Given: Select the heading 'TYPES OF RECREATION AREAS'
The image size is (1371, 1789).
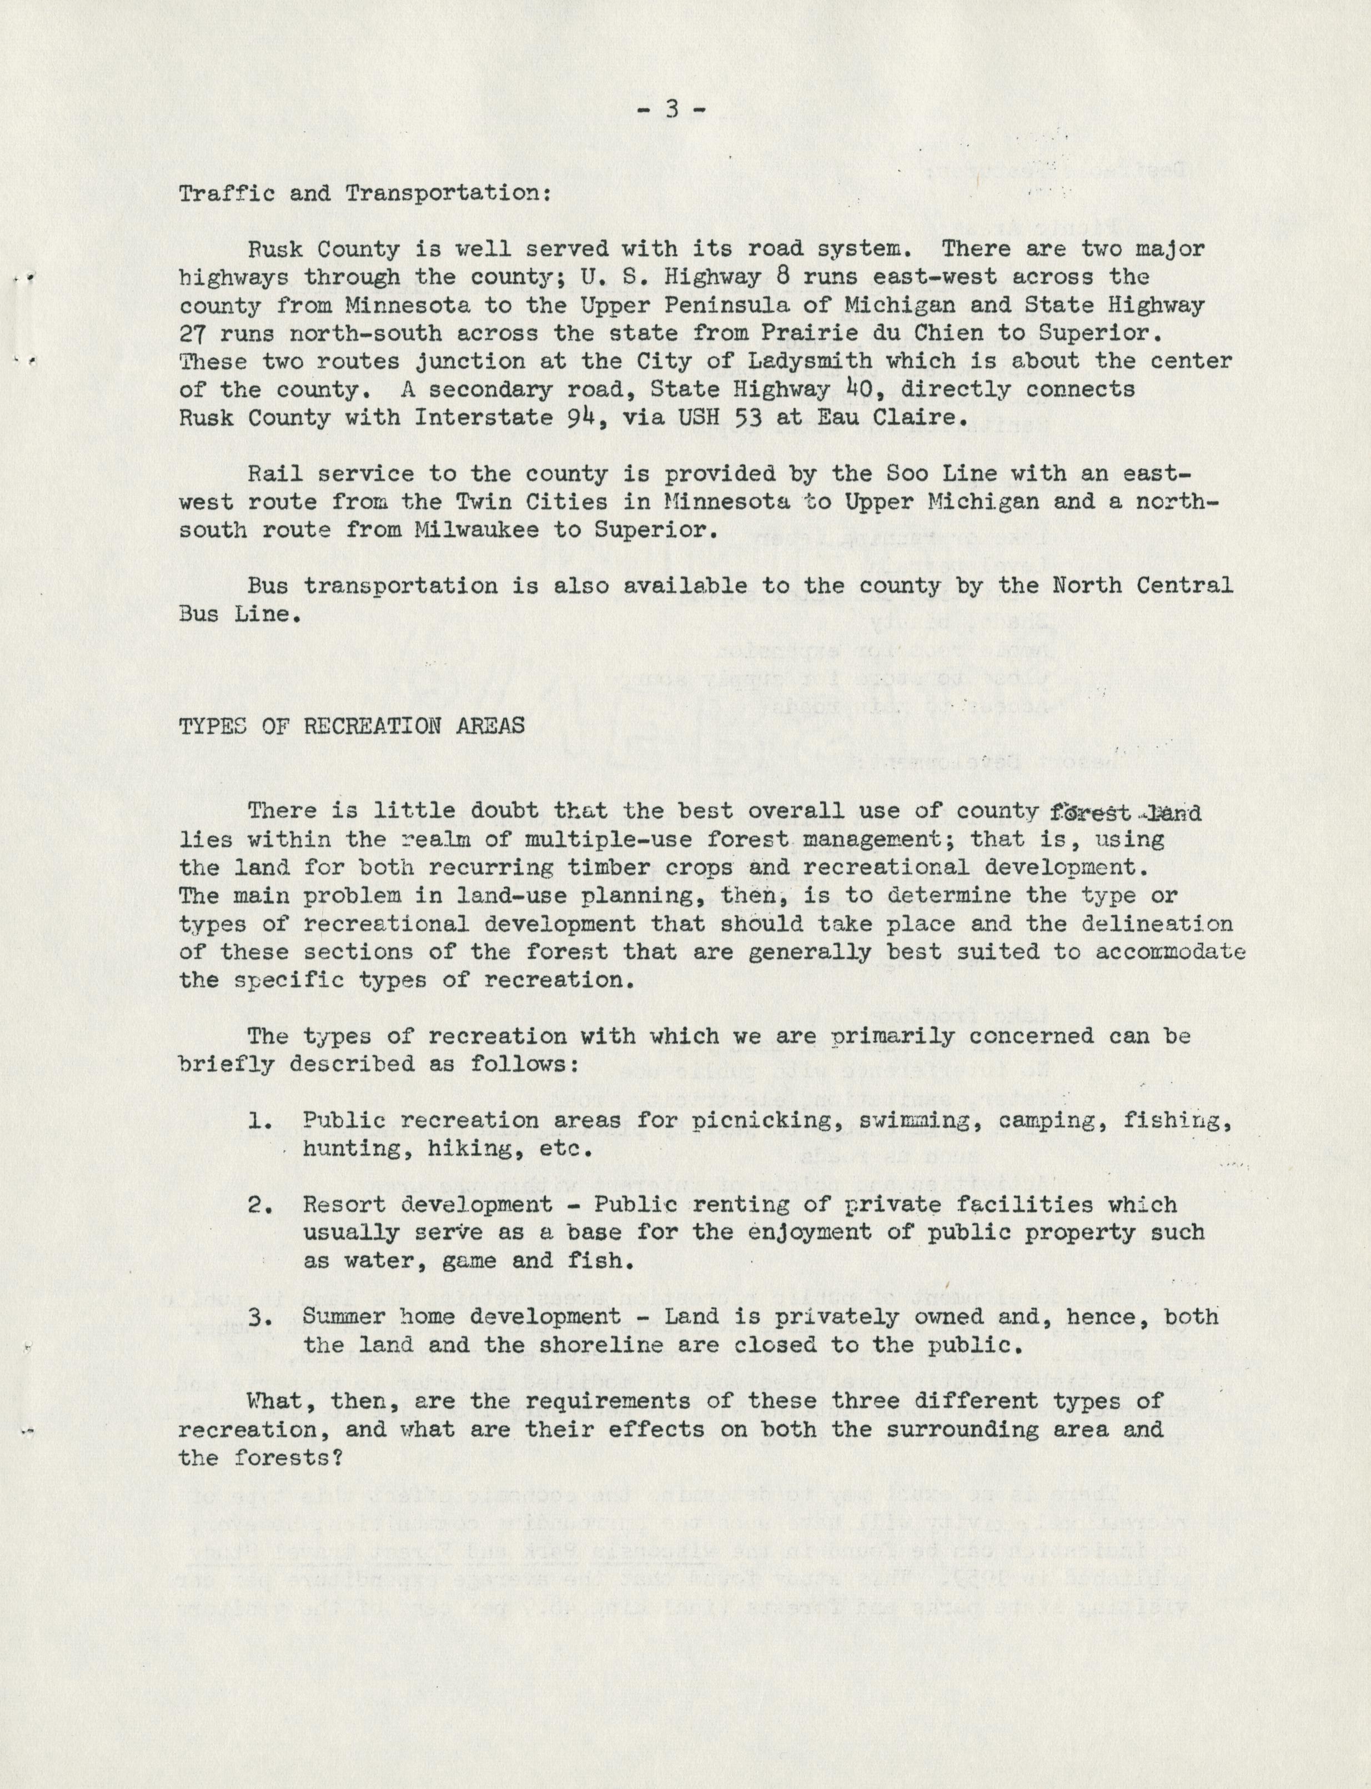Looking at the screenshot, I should pos(351,725).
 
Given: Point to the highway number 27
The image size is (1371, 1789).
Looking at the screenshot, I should pos(193,333).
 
